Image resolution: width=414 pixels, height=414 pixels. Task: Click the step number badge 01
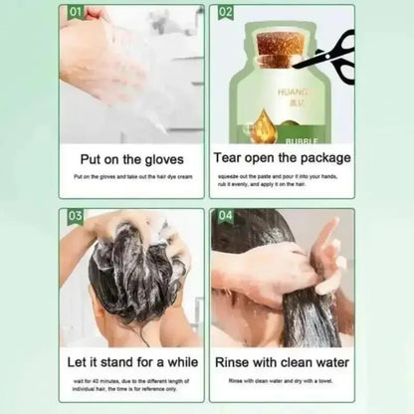[x=74, y=14]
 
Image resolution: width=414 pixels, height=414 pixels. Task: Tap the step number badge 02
[x=225, y=14]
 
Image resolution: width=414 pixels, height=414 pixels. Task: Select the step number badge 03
[x=74, y=217]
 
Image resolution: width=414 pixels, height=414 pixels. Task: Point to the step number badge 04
[x=225, y=217]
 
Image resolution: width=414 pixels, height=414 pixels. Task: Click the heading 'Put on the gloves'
[x=131, y=157]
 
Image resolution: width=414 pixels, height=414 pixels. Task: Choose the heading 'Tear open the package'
[x=283, y=157]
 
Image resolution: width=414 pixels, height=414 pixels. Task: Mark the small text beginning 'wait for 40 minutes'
[x=131, y=383]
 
